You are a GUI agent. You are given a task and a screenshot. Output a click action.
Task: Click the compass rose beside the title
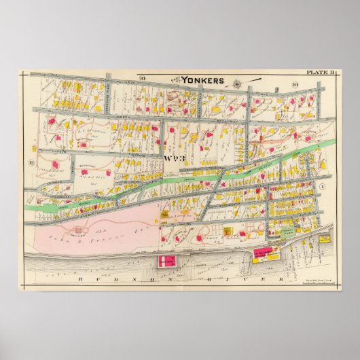pyautogui.click(x=236, y=84)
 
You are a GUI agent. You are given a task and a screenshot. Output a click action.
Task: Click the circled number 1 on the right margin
pyautogui.click(x=323, y=185)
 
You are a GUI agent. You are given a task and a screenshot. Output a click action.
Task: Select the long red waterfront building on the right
pyautogui.click(x=266, y=254)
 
